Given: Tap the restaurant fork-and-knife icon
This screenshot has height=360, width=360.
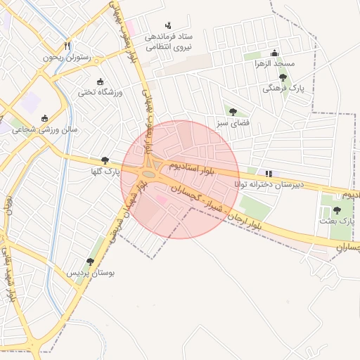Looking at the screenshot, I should (67, 47).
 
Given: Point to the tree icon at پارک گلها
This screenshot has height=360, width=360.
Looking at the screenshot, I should (105, 160).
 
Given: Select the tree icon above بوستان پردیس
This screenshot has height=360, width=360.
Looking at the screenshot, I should (90, 261).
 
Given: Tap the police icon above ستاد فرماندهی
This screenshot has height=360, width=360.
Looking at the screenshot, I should (167, 25).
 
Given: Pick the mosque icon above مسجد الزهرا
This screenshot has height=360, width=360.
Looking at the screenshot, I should (274, 53).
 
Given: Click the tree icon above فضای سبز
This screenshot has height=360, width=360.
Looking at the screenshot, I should (233, 112).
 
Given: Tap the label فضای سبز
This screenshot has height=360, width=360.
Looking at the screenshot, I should (233, 123).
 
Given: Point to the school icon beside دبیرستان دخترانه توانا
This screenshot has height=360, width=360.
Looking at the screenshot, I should (268, 173).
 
